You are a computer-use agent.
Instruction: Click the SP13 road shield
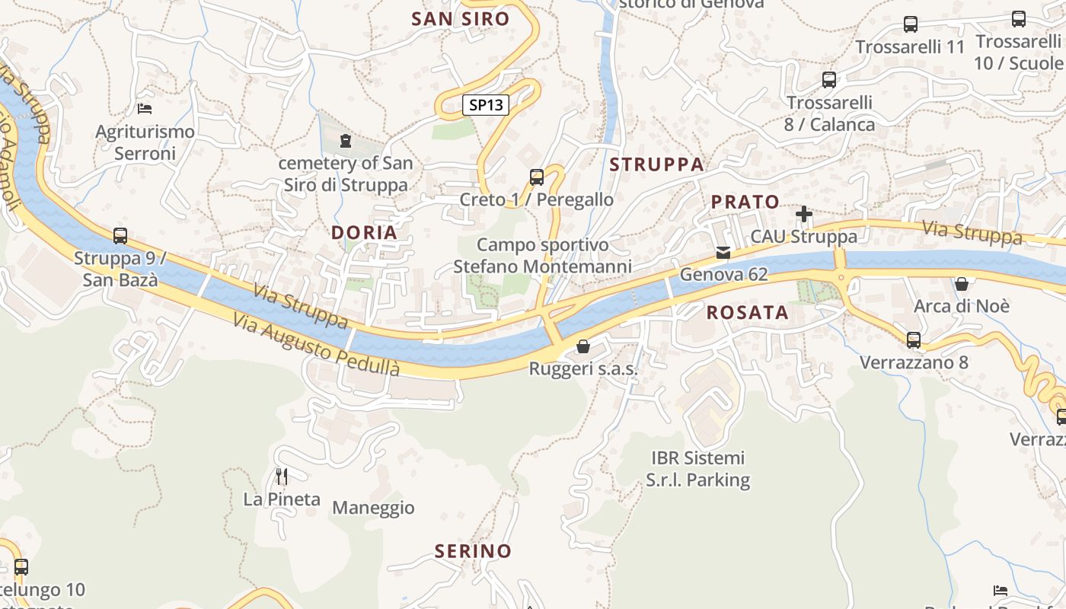tap(486, 105)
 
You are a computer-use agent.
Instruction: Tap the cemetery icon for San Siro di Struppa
tap(346, 141)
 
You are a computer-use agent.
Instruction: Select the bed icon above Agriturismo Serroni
tap(145, 109)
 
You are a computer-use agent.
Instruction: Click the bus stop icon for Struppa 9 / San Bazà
tap(120, 236)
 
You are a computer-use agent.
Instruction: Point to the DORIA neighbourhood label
tap(364, 233)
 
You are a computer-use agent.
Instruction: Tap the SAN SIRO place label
tap(460, 19)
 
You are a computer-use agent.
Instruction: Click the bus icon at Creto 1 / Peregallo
tap(537, 177)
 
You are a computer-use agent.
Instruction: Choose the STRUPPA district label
tap(656, 164)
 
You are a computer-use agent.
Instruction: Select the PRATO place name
tap(745, 202)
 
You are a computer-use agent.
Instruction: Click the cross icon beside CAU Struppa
tap(803, 214)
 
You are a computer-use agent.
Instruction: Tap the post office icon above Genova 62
tap(723, 252)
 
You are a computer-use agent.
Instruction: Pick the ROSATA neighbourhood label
tap(747, 312)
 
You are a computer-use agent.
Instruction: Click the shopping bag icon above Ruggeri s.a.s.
tap(583, 347)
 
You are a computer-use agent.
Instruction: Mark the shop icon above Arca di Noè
tap(962, 285)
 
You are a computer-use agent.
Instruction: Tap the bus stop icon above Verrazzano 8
tap(914, 340)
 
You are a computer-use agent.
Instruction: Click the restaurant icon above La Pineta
tap(282, 477)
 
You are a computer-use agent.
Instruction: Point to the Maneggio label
tap(373, 508)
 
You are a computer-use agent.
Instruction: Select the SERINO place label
tap(473, 551)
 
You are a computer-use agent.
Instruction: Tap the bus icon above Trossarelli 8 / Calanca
tap(829, 79)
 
